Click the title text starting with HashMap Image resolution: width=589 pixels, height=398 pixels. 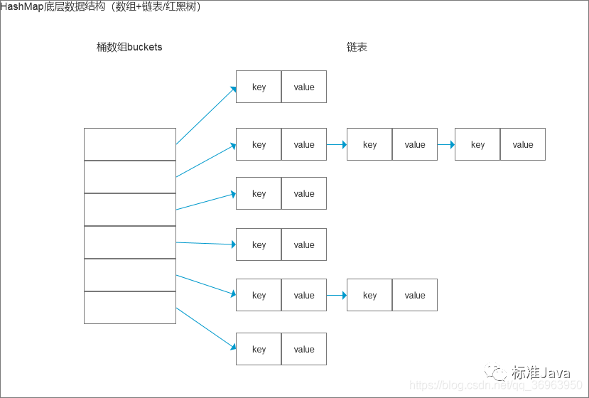pos(101,7)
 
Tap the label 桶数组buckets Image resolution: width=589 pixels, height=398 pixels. pos(129,48)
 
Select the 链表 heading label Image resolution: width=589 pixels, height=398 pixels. pos(357,48)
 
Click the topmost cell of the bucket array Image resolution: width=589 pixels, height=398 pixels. pos(129,144)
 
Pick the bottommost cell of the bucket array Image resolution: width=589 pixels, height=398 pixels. pos(129,308)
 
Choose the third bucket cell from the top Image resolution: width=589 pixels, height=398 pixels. pos(129,210)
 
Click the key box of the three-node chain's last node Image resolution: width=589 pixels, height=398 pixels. pos(477,144)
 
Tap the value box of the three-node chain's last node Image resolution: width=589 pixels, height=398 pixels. pos(522,144)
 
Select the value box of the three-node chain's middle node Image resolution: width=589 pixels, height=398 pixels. pos(415,144)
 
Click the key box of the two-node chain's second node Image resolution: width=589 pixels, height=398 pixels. pos(369,295)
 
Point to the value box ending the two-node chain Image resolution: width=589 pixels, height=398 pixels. pos(415,295)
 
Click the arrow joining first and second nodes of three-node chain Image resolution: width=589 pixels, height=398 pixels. pos(337,144)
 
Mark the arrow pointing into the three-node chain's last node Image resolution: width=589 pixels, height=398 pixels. pos(445,144)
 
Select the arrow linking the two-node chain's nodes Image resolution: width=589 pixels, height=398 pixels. pos(337,295)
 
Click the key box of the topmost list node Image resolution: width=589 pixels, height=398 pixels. pos(259,87)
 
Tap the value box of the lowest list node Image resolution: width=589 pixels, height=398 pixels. pos(304,349)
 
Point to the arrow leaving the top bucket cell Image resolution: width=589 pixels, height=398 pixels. pos(206,116)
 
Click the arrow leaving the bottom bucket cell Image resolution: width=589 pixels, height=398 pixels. pos(206,328)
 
